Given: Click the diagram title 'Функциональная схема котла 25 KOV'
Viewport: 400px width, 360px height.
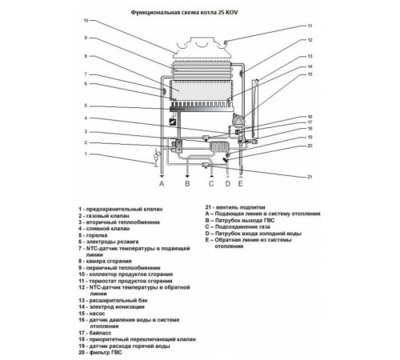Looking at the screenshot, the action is (x=184, y=12).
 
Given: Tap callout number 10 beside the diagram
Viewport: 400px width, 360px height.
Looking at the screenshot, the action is (x=86, y=20).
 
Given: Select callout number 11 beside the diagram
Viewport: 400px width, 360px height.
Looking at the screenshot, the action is (x=310, y=26).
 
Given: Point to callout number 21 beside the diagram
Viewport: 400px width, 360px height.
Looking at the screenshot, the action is (x=310, y=177).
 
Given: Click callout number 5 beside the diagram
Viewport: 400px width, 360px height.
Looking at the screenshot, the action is (x=86, y=106).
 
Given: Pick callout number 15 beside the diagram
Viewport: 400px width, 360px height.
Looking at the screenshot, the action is (x=310, y=74).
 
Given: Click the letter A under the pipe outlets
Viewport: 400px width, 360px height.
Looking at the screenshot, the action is (x=162, y=183).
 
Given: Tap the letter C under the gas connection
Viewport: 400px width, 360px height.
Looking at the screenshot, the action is (x=211, y=183).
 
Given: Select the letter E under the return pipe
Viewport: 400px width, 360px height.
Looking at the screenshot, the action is (x=241, y=183).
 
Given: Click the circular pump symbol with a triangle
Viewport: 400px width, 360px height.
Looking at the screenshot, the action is (x=238, y=120).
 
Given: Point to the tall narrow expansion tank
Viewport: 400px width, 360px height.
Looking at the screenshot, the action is (x=255, y=110).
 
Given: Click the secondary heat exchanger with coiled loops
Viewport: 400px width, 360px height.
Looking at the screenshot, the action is (x=219, y=147).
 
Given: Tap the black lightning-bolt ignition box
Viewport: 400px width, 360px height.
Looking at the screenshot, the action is (x=173, y=122).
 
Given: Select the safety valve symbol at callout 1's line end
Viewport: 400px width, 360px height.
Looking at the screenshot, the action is (x=156, y=158).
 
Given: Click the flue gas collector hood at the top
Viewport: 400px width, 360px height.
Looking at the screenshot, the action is (x=202, y=48).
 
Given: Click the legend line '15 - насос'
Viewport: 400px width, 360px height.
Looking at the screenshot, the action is (x=92, y=314).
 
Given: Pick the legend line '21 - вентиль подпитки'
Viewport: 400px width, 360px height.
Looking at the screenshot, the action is (x=235, y=207).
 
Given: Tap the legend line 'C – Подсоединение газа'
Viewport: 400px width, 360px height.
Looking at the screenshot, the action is (x=238, y=227).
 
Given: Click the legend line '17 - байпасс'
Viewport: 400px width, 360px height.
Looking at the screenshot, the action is (x=95, y=333).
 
